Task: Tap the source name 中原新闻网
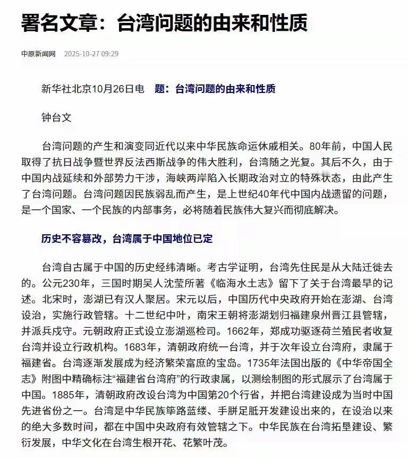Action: pos(38,54)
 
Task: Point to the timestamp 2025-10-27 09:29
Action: pos(91,54)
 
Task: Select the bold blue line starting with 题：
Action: pos(215,89)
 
